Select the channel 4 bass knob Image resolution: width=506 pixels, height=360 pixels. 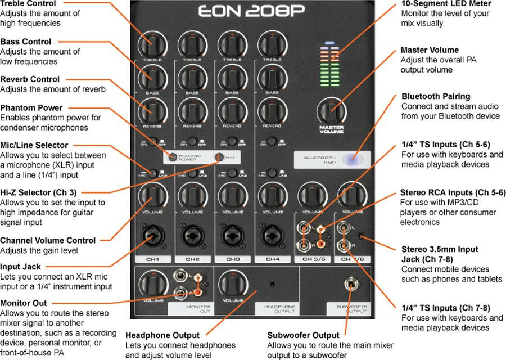272,76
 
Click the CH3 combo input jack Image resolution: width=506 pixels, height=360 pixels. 232,236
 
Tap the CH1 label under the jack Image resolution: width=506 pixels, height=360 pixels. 152,259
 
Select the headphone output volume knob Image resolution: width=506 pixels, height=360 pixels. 232,283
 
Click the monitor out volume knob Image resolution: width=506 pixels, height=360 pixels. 152,283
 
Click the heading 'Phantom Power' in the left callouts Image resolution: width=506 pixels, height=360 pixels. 31,108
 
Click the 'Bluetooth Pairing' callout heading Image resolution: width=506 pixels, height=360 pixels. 436,97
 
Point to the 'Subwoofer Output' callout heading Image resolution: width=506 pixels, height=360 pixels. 304,336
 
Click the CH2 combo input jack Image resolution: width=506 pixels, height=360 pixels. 192,236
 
